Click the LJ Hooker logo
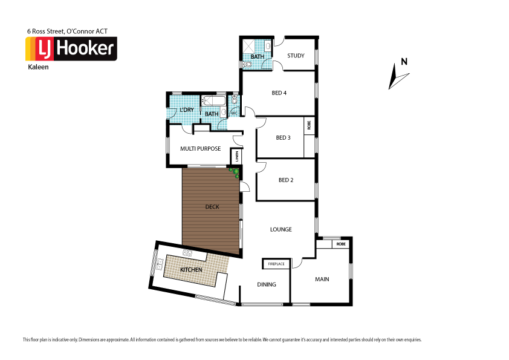(71, 49)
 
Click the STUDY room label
(296, 56)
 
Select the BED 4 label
(279, 93)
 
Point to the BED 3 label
(283, 137)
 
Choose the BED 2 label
(285, 180)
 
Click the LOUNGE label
(281, 229)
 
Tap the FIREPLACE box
(276, 264)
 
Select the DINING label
(267, 284)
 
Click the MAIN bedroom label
(322, 280)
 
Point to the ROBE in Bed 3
(309, 126)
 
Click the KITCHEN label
(190, 269)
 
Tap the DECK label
(212, 207)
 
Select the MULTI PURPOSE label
(200, 148)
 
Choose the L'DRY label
(186, 110)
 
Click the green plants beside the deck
(235, 173)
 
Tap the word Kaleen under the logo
(38, 67)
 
